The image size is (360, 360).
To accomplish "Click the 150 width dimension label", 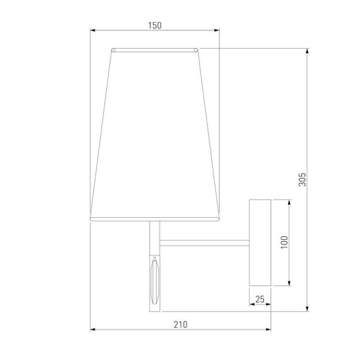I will [x=155, y=25].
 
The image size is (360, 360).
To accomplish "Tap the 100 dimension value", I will [x=284, y=242].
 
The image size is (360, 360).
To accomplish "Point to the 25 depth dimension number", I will [x=260, y=299].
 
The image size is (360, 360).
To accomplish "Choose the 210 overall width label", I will [x=180, y=324].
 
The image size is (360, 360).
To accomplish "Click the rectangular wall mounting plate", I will [x=260, y=242].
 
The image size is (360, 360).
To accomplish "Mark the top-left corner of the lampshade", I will [x=112, y=49].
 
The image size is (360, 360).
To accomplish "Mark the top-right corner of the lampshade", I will [x=198, y=49].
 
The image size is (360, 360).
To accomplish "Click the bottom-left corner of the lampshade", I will [x=91, y=219].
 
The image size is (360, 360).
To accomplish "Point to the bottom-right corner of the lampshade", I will [x=220, y=219].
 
